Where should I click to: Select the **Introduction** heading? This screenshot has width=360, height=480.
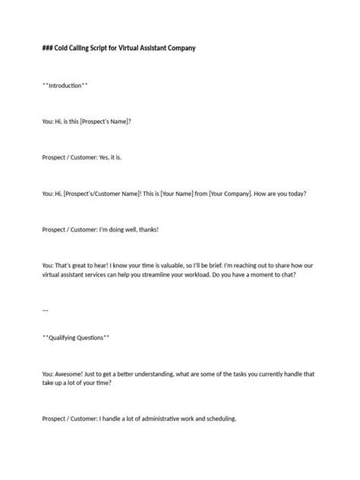click(65, 86)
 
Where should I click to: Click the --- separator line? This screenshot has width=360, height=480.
click(46, 311)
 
